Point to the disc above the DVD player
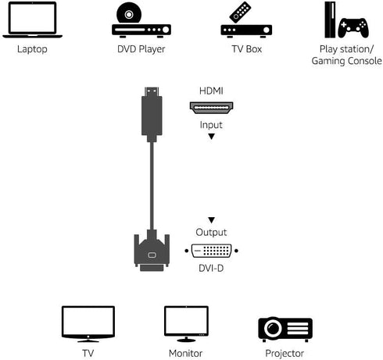pyautogui.click(x=130, y=13)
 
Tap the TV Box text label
pyautogui.click(x=246, y=48)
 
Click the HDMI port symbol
pyautogui.click(x=211, y=107)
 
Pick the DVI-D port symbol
pyautogui.click(x=211, y=251)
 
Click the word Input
pyautogui.click(x=211, y=124)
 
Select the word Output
pyautogui.click(x=211, y=232)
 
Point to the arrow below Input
pyautogui.click(x=211, y=137)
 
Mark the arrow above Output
pyautogui.click(x=211, y=220)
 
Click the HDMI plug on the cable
pyautogui.click(x=152, y=117)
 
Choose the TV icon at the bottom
pyautogui.click(x=88, y=323)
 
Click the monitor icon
pyautogui.click(x=186, y=323)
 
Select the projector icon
pyautogui.click(x=285, y=328)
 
